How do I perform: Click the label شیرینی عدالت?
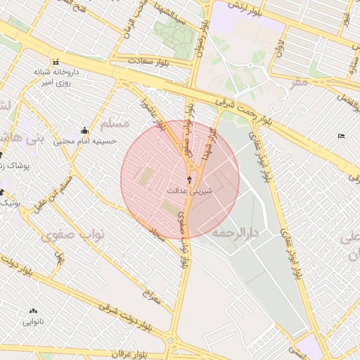pos(189,191)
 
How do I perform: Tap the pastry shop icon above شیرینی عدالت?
pos(188,180)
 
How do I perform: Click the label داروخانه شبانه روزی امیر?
pos(53,77)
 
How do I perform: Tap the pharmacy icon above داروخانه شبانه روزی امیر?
pos(53,61)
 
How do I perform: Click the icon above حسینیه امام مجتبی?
pos(85,130)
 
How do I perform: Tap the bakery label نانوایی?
pos(33,322)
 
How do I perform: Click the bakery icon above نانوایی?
pos(33,311)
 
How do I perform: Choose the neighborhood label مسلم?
pos(115,124)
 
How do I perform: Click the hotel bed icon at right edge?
pos(342,135)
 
